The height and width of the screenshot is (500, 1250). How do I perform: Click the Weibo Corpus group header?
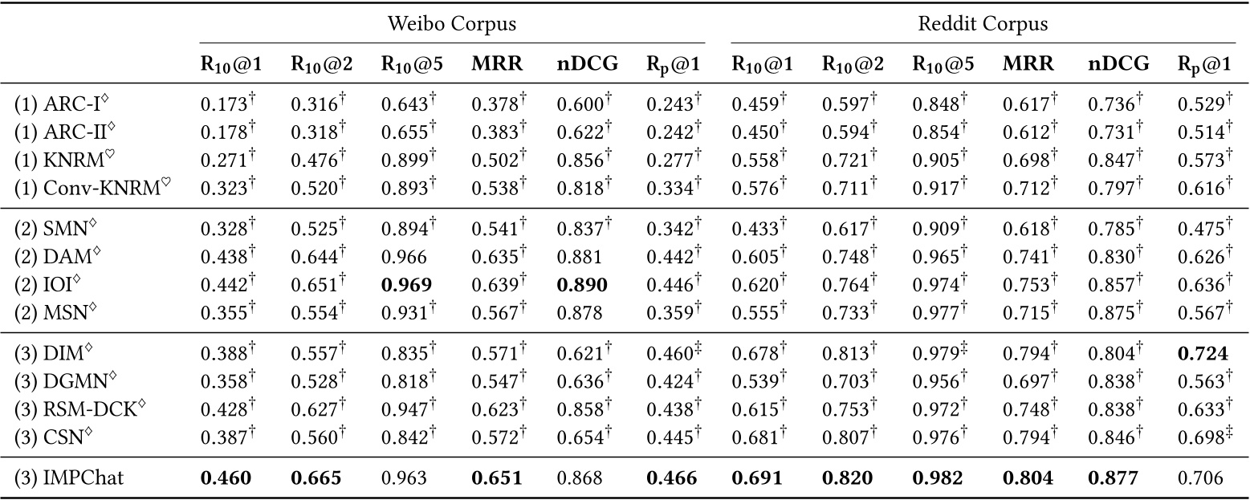(452, 24)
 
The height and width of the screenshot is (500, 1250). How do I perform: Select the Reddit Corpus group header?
(983, 24)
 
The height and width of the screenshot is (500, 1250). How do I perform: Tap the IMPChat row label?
(70, 479)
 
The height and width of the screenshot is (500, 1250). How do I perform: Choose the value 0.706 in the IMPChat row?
(1200, 479)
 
